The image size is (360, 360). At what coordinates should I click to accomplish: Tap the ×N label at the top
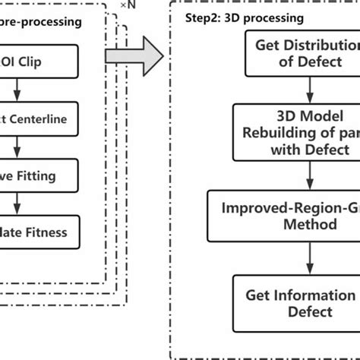click(131, 7)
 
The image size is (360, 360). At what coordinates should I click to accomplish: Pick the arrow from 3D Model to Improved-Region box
click(308, 175)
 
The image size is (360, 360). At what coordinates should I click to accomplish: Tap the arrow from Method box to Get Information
click(308, 258)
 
